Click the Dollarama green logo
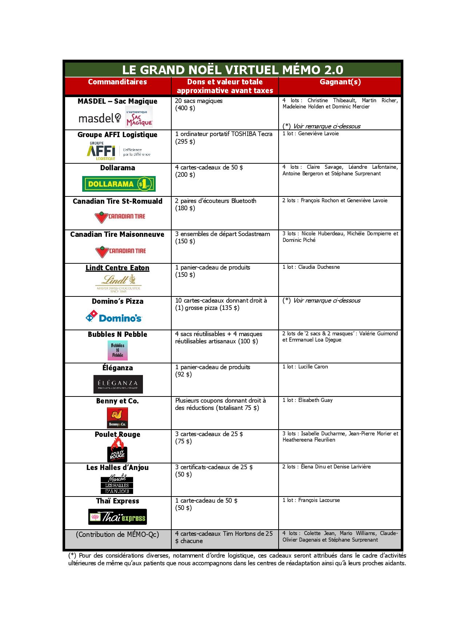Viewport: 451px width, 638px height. pyautogui.click(x=119, y=184)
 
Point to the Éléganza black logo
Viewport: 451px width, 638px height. pyautogui.click(x=118, y=384)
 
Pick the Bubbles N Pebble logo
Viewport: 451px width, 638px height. pyautogui.click(x=117, y=350)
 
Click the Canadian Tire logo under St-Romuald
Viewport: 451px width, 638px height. pyautogui.click(x=120, y=217)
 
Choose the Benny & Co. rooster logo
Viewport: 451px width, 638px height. pyautogui.click(x=117, y=418)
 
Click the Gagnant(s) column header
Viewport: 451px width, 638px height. pyautogui.click(x=340, y=82)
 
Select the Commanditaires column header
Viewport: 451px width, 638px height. pyautogui.click(x=117, y=82)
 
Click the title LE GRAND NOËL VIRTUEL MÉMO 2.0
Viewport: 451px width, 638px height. pyautogui.click(x=232, y=70)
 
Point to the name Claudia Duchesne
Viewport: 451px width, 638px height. pyautogui.click(x=319, y=267)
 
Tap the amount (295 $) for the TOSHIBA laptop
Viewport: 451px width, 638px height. pyautogui.click(x=185, y=141)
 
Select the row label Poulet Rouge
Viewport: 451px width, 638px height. pyautogui.click(x=117, y=434)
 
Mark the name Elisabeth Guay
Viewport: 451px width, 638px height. pyautogui.click(x=315, y=400)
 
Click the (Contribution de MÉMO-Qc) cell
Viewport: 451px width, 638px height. pyautogui.click(x=117, y=534)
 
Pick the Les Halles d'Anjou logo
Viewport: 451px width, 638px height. pyautogui.click(x=117, y=485)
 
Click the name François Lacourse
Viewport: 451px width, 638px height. pyautogui.click(x=319, y=500)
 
